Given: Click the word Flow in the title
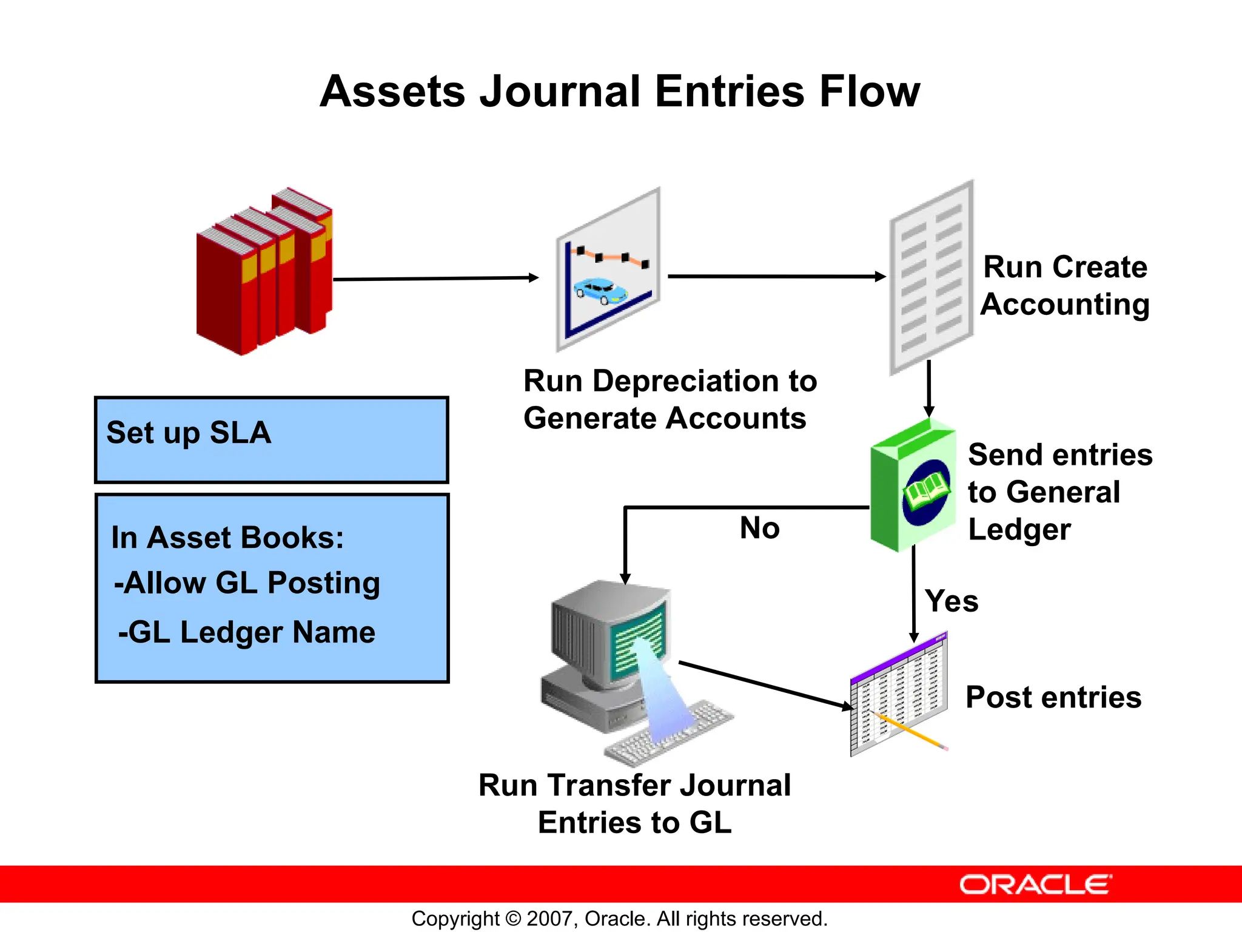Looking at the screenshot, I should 869,92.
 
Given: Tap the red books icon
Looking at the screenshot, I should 264,273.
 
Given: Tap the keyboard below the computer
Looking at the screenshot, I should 670,734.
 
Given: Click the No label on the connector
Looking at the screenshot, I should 759,528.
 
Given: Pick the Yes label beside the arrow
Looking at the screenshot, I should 951,601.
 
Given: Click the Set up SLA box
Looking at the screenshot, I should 271,440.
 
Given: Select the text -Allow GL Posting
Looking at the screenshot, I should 247,583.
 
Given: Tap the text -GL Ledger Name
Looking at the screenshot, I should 247,632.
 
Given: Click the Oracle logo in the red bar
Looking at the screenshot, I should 1035,885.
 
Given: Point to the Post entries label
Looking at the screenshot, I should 1053,697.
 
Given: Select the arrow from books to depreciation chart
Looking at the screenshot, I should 435,279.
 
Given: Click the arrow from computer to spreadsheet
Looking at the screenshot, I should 764,686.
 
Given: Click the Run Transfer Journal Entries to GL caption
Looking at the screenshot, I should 634,804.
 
